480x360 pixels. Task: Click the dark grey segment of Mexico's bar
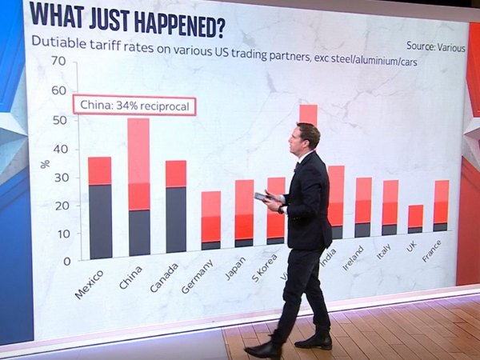[x=100, y=221]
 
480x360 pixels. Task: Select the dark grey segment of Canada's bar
[x=176, y=220]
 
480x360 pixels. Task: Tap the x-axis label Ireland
[x=352, y=275]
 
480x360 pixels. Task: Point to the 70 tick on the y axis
[x=58, y=61]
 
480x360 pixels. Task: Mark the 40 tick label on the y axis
[x=58, y=147]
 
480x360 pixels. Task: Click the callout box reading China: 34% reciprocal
[x=134, y=106]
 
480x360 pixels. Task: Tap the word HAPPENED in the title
[x=174, y=22]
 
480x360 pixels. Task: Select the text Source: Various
[x=435, y=46]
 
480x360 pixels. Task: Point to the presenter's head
[x=307, y=138]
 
